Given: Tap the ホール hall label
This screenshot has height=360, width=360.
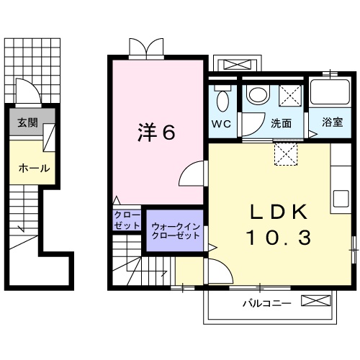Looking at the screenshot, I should (x=33, y=168).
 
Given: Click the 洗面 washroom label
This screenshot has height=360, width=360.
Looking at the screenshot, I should (x=282, y=123).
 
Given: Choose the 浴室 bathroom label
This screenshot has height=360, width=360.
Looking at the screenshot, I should (x=332, y=123).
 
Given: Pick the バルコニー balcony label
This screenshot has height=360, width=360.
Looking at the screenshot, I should (x=266, y=303).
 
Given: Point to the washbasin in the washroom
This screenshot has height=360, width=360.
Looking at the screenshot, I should (x=257, y=94).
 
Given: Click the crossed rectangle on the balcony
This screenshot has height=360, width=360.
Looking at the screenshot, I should (x=316, y=301).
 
